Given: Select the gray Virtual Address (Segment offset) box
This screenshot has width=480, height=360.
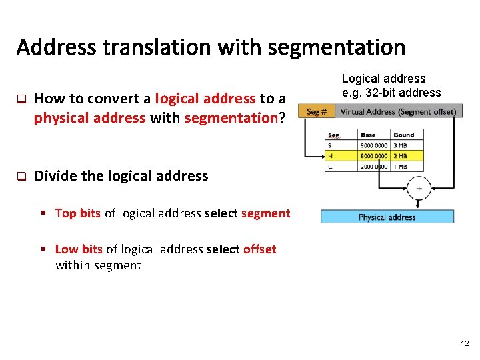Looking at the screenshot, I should tap(398, 112).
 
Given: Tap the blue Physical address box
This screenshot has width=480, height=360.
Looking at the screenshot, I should tap(387, 217).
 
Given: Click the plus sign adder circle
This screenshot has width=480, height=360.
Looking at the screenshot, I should tap(419, 189).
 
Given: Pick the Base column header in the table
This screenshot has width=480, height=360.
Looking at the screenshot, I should tap(368, 135).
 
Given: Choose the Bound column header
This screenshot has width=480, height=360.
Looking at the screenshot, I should tap(403, 135).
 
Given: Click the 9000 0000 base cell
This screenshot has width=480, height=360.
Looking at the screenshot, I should tap(374, 145).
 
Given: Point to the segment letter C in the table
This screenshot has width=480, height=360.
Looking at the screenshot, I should tap(330, 167).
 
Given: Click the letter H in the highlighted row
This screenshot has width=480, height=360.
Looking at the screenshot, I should tap(331, 156).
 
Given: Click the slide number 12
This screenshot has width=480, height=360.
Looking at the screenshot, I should tap(465, 343).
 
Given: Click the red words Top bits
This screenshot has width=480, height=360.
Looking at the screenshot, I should tap(78, 213).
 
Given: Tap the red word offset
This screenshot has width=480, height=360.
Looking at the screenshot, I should tap(259, 249).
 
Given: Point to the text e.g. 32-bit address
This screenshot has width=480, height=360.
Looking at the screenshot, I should tap(391, 93).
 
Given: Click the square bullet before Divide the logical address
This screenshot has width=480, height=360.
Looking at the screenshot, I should tap(21, 177).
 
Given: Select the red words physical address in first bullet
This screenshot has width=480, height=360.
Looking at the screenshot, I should tap(89, 118).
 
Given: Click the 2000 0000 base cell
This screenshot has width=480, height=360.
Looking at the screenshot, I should tap(374, 167).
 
